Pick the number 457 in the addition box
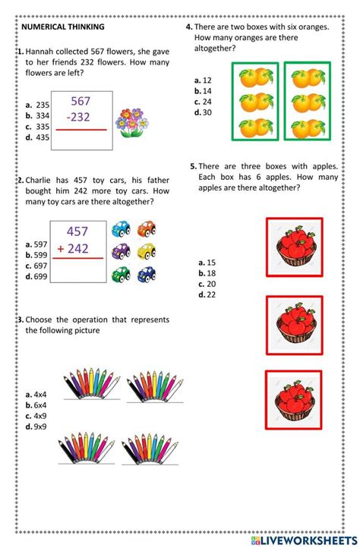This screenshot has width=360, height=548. click(x=77, y=231)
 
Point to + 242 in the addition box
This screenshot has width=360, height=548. click(x=77, y=250)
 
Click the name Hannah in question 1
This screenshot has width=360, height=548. click(x=41, y=51)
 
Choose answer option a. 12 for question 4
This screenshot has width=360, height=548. click(x=203, y=80)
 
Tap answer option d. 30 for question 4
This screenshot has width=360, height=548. click(x=203, y=112)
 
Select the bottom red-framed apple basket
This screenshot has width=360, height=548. click(x=294, y=398)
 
